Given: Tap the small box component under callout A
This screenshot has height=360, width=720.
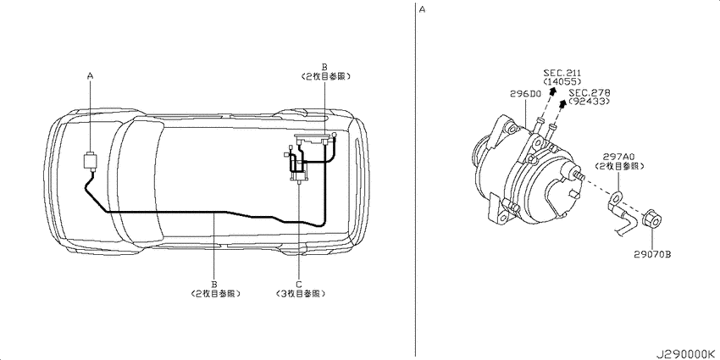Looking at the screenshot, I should coord(89,160).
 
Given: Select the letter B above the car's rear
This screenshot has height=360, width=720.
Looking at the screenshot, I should coord(324,66).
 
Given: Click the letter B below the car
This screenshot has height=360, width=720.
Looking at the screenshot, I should coord(214,284).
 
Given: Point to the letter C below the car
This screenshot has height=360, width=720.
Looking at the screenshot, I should coord(298,284).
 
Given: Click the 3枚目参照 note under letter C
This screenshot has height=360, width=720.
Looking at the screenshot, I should coord(298,293).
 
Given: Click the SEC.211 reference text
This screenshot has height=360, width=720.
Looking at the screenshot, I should coord(562,74).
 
